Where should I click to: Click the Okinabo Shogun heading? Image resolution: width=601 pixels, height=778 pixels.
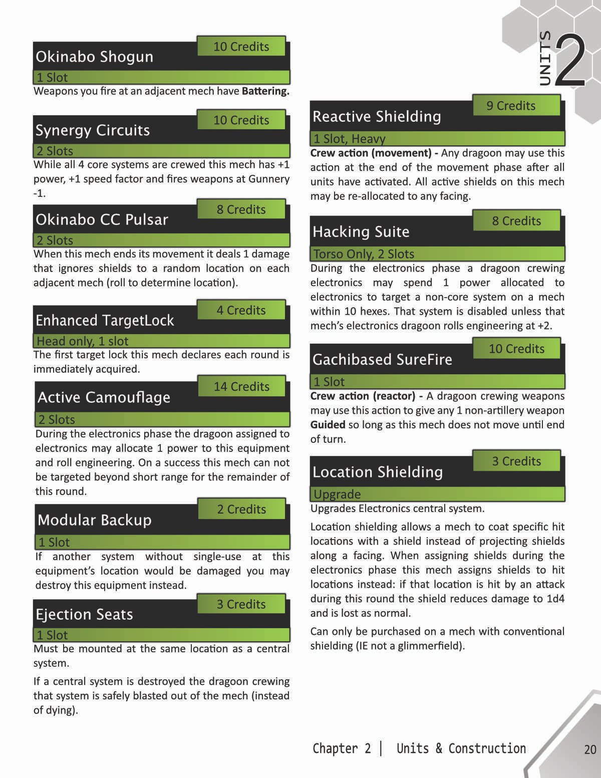(x=94, y=57)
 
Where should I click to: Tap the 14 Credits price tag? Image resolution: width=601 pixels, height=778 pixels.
(x=241, y=387)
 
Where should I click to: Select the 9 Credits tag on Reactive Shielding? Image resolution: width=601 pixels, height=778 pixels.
(x=511, y=106)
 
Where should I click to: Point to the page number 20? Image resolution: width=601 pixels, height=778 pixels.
(x=590, y=749)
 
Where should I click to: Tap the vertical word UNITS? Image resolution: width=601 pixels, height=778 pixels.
(x=545, y=58)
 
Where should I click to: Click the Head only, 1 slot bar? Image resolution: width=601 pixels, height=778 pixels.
(x=83, y=341)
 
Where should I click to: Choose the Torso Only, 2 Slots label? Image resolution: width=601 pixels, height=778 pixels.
(x=364, y=254)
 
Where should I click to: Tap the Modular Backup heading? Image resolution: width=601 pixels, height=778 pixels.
(x=94, y=520)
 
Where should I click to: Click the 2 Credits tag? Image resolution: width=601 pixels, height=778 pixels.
(x=241, y=509)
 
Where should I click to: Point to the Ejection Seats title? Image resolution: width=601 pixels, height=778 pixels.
(x=84, y=614)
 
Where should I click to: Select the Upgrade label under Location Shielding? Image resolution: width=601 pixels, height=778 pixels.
(x=337, y=494)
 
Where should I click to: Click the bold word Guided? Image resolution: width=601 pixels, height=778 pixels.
(x=328, y=425)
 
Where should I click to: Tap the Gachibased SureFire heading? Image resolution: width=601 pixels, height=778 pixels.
(x=382, y=359)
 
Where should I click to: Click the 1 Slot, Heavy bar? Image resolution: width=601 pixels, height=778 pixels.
(x=349, y=139)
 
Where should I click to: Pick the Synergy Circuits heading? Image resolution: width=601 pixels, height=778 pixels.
(x=93, y=130)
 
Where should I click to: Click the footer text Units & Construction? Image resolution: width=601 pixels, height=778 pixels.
(x=461, y=748)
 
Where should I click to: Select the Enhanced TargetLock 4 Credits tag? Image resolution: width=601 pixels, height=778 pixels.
(x=241, y=311)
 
